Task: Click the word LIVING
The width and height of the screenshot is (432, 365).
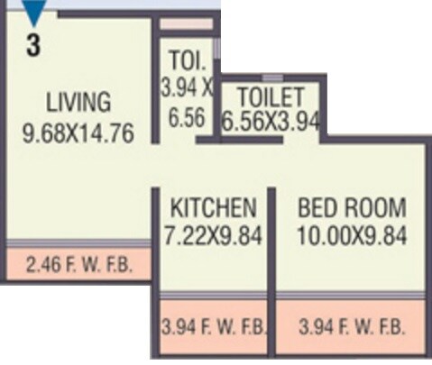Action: pos(78,101)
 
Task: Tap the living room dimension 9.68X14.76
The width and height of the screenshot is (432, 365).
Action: pos(78,133)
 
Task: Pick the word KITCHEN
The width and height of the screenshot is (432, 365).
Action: pos(212,207)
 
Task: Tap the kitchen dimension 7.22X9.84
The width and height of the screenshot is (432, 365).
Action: pos(212,236)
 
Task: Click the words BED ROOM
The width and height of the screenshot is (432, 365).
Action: pos(352,207)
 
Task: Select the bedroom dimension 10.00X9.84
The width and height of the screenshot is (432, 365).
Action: pos(352,236)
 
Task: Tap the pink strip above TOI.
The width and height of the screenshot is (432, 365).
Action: pos(188,23)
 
